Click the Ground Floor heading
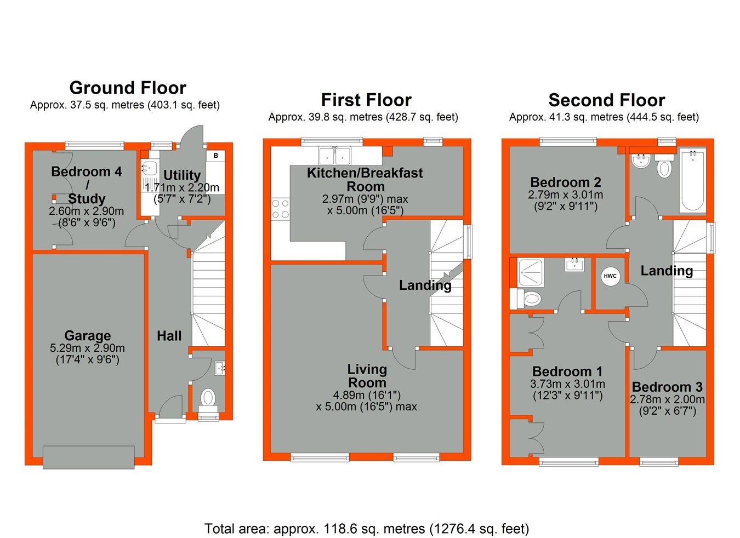click(128, 88)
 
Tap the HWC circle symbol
click(610, 276)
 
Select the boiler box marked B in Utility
click(216, 156)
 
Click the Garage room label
click(87, 335)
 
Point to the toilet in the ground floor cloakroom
click(208, 398)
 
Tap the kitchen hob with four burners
click(280, 209)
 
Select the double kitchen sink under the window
click(335, 156)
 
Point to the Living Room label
click(367, 376)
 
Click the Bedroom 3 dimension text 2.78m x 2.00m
click(667, 399)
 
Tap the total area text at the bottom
click(366, 529)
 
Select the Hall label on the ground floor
click(169, 336)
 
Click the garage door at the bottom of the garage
click(88, 457)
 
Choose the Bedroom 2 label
click(565, 182)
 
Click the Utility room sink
click(149, 168)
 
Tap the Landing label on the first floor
click(425, 285)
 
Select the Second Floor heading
click(606, 100)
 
